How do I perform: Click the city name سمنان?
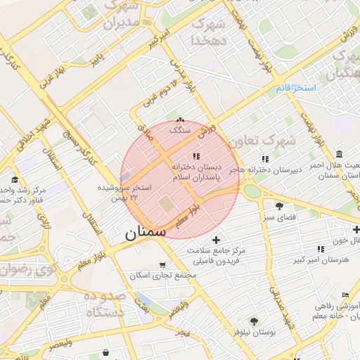146,233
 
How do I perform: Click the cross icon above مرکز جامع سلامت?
216,240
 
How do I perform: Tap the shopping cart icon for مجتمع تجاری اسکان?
163,265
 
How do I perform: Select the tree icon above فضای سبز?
280,206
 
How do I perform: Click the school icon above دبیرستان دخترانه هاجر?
265,159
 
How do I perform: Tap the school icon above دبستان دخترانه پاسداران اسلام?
196,157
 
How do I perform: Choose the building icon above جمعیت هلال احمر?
340,154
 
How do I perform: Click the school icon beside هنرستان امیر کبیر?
321,249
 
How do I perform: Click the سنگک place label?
180,131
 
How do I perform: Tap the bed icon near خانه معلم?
345,295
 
